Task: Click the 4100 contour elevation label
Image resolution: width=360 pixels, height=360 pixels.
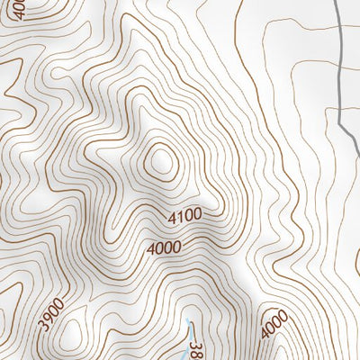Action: [184, 216]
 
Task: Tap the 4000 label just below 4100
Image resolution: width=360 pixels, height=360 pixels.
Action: [162, 246]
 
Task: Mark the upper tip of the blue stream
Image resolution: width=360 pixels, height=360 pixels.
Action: [187, 319]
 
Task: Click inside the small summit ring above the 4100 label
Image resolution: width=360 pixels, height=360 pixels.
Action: [161, 162]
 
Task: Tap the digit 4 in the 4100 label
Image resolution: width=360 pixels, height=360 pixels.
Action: [170, 219]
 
